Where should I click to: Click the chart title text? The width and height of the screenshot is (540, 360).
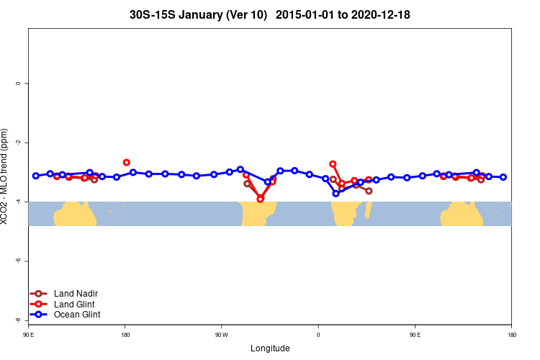(270, 14)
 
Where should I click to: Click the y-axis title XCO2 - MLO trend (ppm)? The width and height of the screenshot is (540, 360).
(5, 176)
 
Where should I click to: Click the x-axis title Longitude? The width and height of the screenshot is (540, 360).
(270, 348)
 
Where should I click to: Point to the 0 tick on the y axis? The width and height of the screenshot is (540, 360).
(18, 84)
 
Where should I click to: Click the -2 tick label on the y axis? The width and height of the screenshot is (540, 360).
(18, 143)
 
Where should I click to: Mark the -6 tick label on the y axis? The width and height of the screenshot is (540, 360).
(18, 261)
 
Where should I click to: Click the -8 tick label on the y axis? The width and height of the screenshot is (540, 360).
(18, 320)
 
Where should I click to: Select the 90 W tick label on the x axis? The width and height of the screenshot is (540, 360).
(221, 336)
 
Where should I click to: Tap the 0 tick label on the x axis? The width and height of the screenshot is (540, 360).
(318, 336)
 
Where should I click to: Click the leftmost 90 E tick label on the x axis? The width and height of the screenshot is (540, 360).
(28, 336)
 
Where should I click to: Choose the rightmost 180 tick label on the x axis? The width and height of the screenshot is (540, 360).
(511, 336)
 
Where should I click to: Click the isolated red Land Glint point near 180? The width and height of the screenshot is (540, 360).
(127, 163)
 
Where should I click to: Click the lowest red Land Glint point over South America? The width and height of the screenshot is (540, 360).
(261, 199)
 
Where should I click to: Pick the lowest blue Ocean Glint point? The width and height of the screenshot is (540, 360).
(336, 193)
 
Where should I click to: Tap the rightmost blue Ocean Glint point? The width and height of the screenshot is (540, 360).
(503, 177)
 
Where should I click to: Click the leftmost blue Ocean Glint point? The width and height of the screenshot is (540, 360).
(36, 176)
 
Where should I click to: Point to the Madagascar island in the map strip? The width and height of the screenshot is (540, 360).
(369, 210)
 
